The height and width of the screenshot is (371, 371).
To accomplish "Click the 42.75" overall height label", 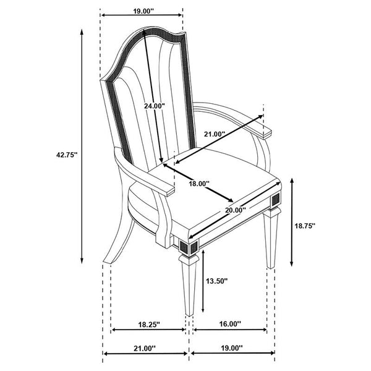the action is pyautogui.click(x=67, y=155).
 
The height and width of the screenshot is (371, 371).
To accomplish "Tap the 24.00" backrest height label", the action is pyautogui.click(x=154, y=106).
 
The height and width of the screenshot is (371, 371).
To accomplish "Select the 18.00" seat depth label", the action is pyautogui.click(x=199, y=184).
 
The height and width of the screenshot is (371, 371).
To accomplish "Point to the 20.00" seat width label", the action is pyautogui.click(x=236, y=210).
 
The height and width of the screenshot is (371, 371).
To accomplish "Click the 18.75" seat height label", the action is pyautogui.click(x=305, y=226).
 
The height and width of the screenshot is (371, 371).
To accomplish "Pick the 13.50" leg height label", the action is pyautogui.click(x=216, y=281).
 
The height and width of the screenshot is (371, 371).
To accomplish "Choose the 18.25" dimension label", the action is pyautogui.click(x=149, y=324).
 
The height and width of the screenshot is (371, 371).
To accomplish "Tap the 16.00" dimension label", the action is pyautogui.click(x=230, y=323).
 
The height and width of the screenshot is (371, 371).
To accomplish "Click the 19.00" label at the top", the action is pyautogui.click(x=143, y=11).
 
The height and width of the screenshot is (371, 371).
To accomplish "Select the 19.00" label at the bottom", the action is pyautogui.click(x=232, y=348).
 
